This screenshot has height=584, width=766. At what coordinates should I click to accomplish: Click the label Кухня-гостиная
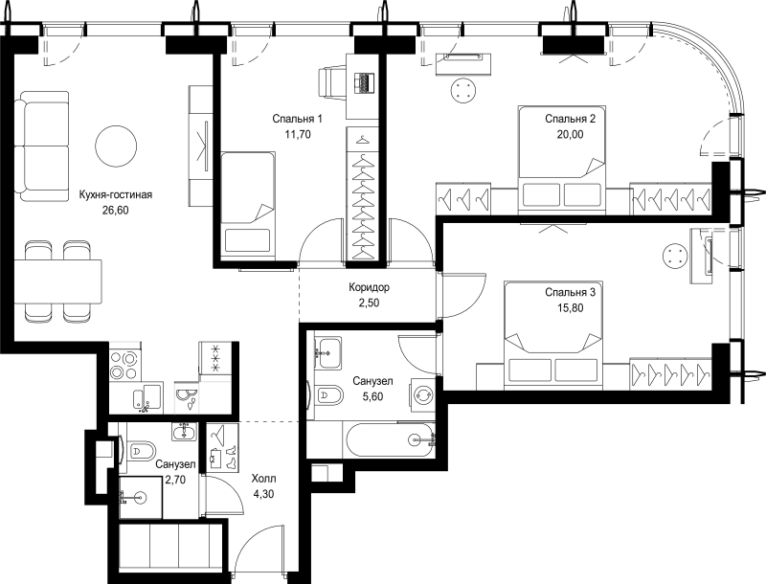click(116, 195)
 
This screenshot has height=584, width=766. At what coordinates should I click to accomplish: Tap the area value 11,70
click(298, 134)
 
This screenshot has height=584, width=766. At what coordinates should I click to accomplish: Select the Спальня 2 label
click(570, 119)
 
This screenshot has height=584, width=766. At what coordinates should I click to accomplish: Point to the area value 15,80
click(570, 308)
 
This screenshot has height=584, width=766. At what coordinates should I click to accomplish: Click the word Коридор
click(369, 287)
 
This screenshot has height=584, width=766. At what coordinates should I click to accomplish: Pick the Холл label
click(263, 478)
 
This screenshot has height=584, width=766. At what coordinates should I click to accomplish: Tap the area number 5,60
click(373, 396)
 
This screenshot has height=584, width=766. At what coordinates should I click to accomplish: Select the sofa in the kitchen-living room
click(41, 146)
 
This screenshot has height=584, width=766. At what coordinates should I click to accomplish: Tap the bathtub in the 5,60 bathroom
click(389, 440)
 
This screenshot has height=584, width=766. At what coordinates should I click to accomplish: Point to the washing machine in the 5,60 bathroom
click(422, 395)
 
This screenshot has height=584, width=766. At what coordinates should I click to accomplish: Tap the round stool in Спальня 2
click(463, 91)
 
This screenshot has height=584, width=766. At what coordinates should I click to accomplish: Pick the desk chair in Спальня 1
click(332, 82)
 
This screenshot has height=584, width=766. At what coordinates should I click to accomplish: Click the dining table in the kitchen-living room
click(57, 281)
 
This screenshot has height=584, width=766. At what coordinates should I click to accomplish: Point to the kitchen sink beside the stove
click(147, 396)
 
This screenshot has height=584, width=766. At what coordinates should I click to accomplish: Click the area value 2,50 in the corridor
click(369, 303)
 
